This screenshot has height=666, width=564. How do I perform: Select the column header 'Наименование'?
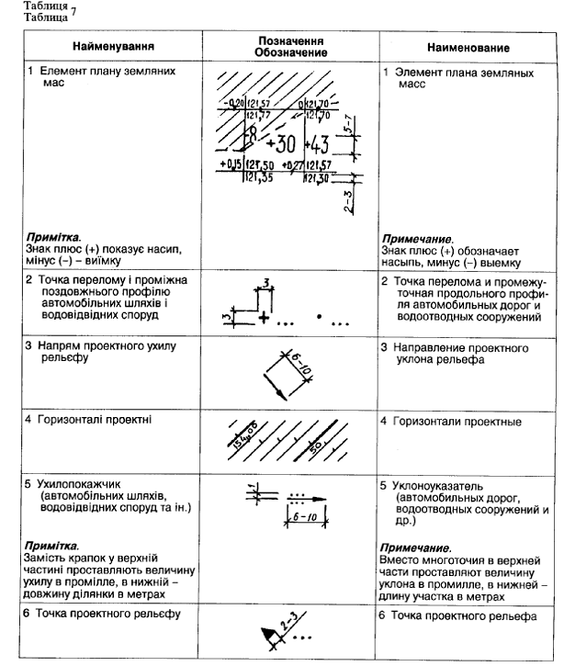[468, 46]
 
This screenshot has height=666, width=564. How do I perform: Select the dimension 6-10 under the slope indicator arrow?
[301, 518]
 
